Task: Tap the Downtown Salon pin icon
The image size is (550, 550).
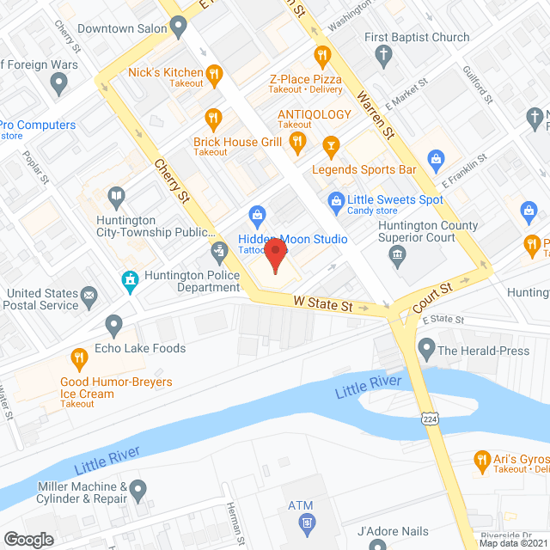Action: pos(179,28)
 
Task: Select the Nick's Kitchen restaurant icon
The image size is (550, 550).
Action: pos(215,73)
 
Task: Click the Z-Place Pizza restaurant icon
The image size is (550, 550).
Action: pos(323,56)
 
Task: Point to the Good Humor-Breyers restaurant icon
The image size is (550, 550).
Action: pos(78,357)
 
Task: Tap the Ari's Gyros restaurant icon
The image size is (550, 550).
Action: pos(483,461)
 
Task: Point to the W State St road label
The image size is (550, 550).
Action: pos(323,304)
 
